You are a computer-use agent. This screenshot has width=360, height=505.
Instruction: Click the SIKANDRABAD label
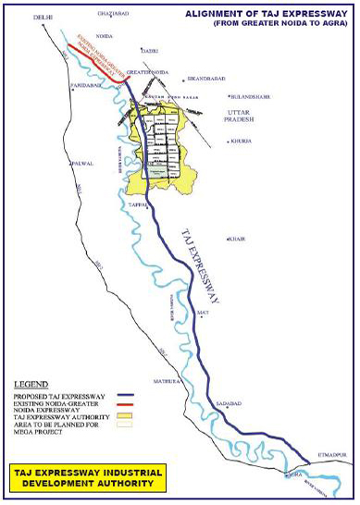206,79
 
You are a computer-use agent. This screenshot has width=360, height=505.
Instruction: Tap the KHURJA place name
242,142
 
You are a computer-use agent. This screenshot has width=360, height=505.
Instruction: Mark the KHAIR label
236,239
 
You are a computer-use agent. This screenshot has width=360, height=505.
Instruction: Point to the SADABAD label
229,404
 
